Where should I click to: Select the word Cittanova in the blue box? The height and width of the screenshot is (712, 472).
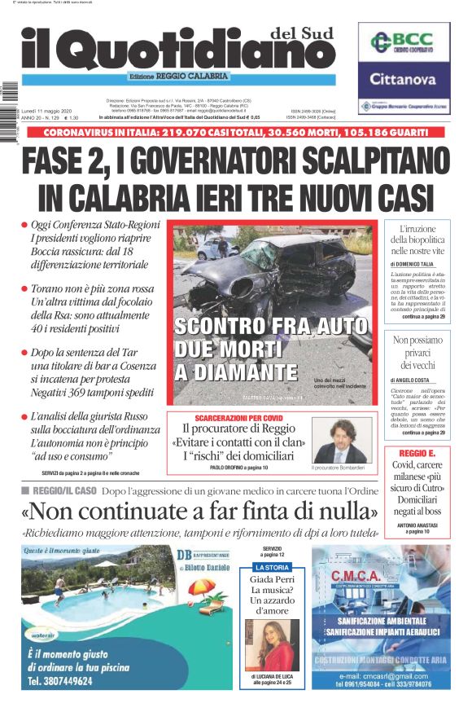pyautogui.click(x=404, y=79)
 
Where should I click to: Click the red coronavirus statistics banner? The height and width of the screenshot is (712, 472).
pyautogui.click(x=236, y=133)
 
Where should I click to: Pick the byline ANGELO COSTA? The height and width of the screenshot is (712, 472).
pyautogui.click(x=414, y=380)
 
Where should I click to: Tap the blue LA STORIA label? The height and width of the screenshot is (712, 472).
pyautogui.click(x=272, y=567)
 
